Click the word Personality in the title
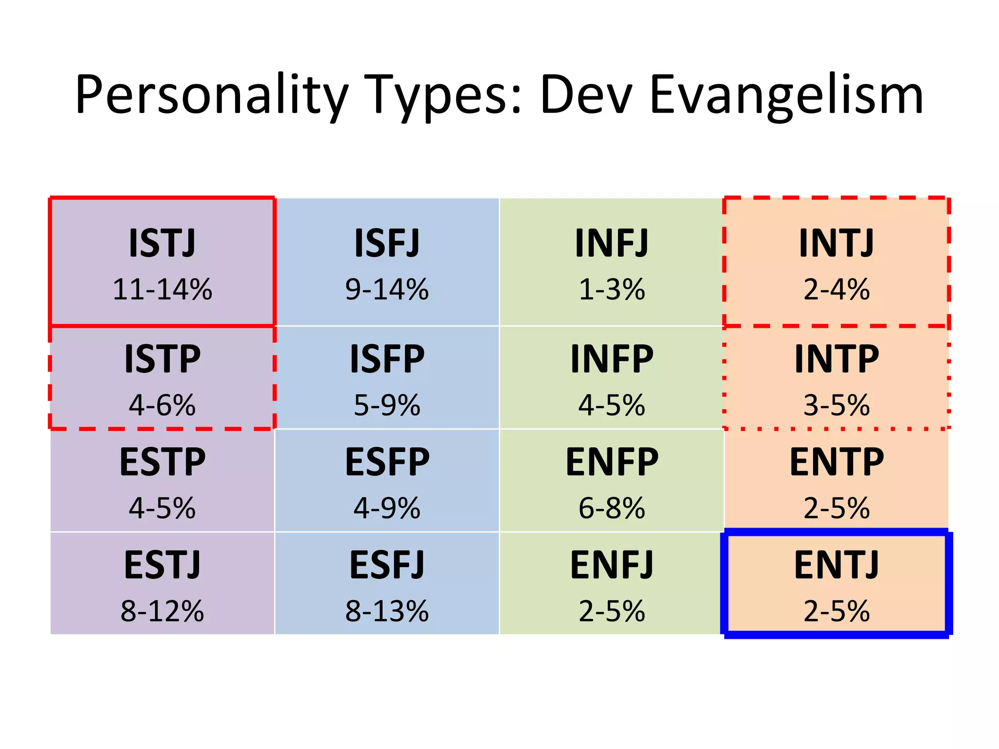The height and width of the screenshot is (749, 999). [212, 95]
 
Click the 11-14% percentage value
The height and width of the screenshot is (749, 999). [162, 289]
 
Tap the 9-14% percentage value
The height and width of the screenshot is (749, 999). [387, 289]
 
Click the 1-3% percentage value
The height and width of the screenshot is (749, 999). [612, 289]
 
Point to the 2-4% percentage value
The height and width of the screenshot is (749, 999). [837, 289]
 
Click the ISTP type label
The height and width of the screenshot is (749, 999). [162, 359]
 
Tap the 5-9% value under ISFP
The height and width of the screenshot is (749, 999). [387, 405]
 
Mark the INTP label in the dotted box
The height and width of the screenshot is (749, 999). [837, 359]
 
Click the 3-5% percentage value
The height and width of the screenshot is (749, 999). [837, 405]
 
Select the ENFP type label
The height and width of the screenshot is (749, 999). [612, 462]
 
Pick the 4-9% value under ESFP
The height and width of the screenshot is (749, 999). [387, 508]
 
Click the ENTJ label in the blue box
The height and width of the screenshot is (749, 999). [837, 565]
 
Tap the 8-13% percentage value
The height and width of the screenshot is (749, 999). [387, 611]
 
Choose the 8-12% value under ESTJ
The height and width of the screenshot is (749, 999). [162, 611]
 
